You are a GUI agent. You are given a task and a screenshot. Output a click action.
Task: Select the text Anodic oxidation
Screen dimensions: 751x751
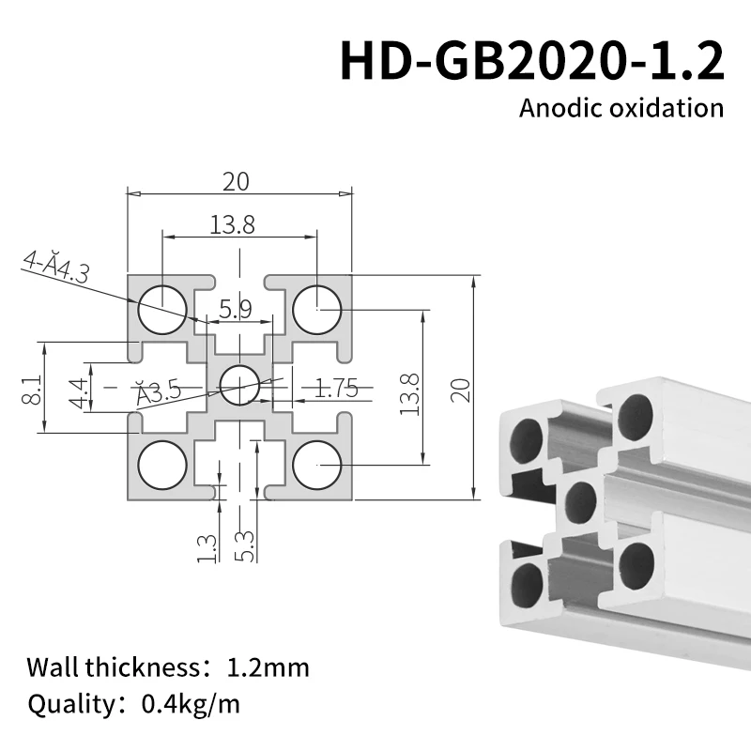coord(621,107)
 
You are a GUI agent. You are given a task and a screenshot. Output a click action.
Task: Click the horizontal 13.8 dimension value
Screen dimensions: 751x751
coord(233,224)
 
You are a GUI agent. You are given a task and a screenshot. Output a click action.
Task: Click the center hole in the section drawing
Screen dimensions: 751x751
coord(240,382)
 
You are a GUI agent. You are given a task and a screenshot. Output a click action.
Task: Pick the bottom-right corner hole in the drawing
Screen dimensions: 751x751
coord(317,464)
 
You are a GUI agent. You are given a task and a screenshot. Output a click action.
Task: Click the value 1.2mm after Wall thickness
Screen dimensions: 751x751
coord(268,668)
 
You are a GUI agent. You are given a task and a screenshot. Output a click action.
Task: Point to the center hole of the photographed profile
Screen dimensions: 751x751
coord(580,501)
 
